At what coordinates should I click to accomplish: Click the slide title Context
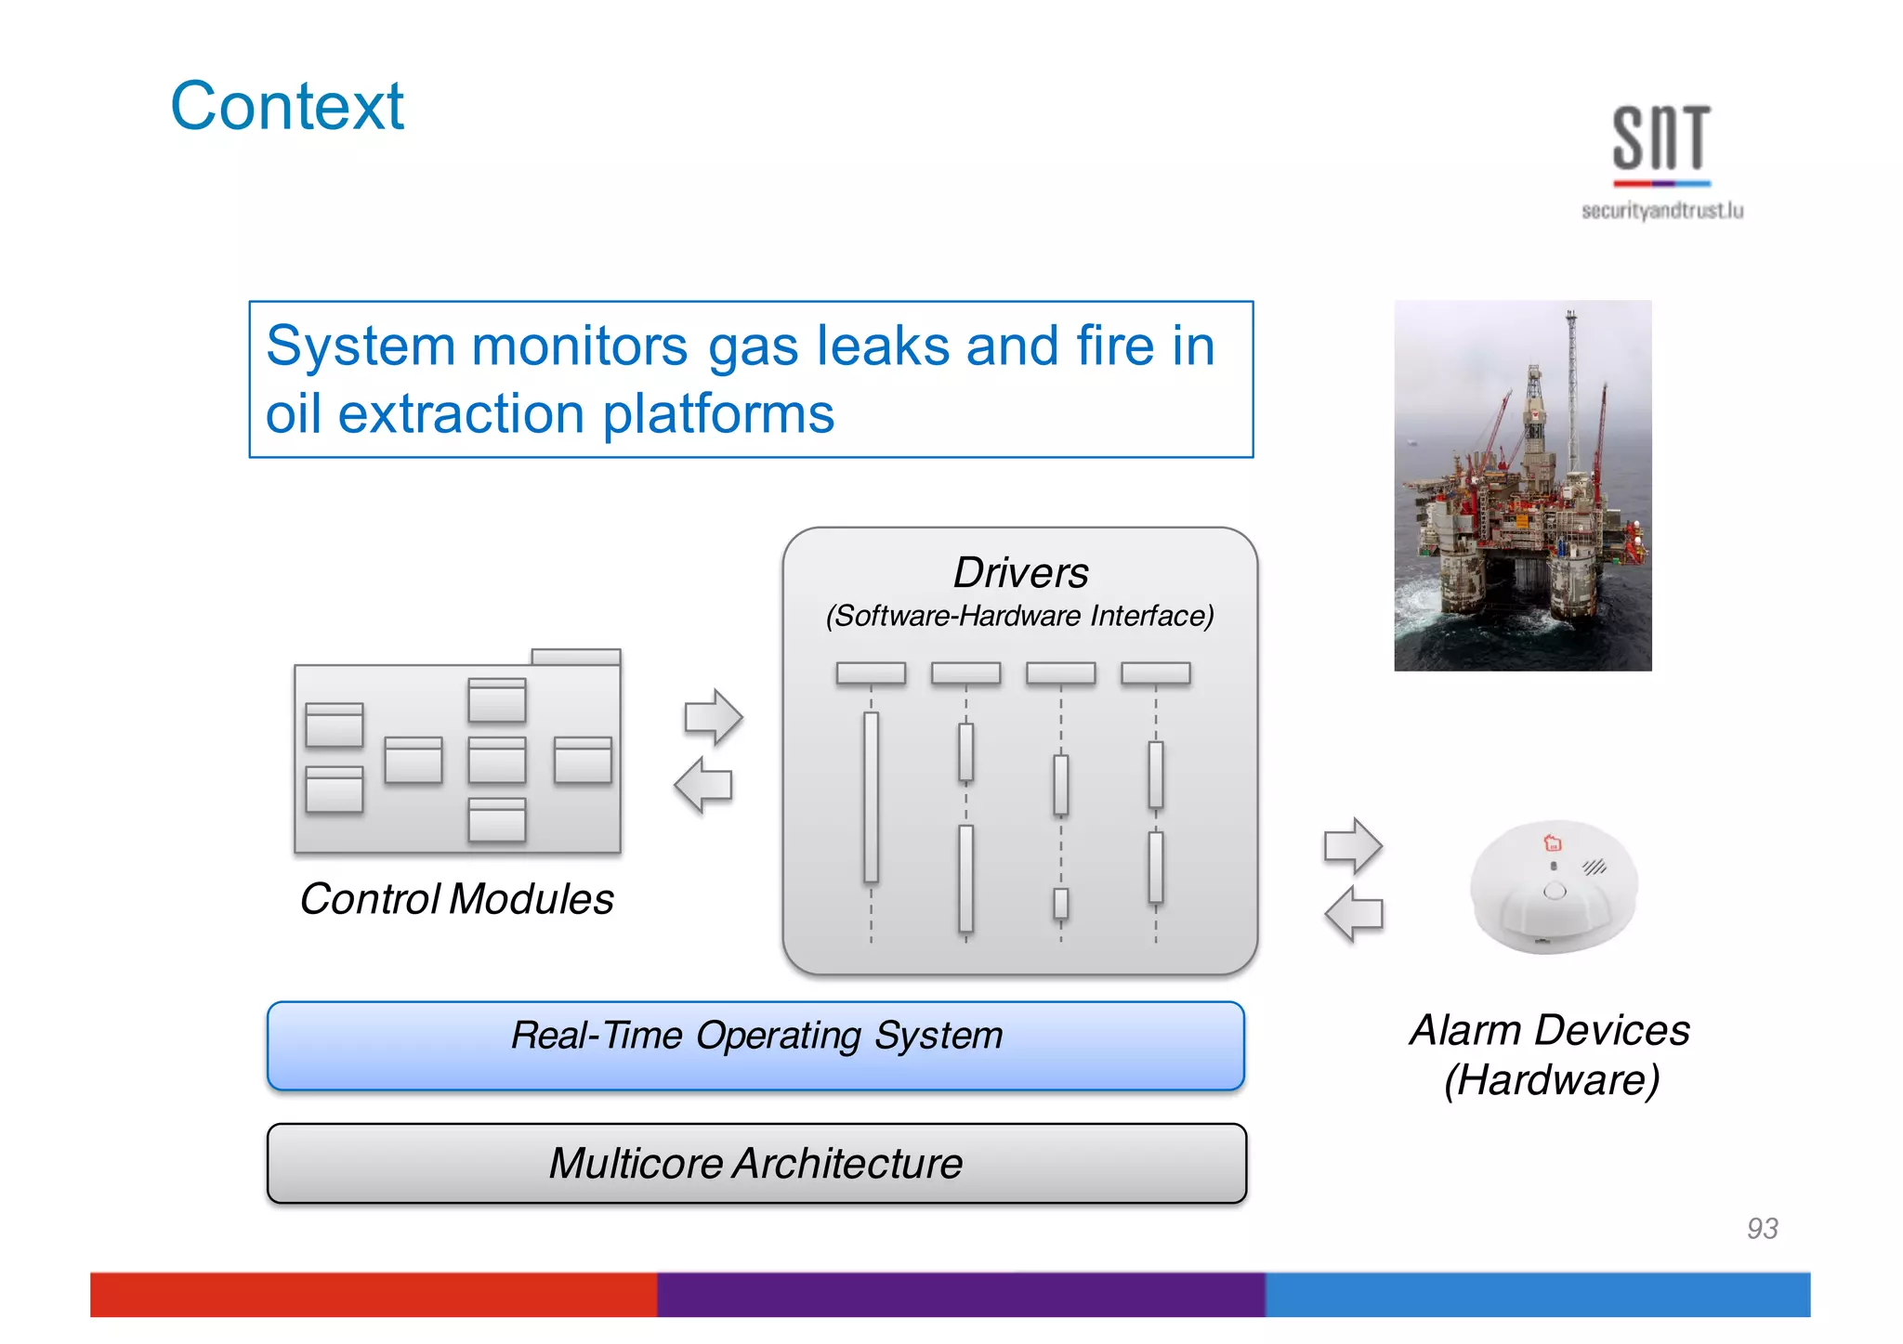click(x=287, y=106)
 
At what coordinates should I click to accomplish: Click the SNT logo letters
click(x=1660, y=138)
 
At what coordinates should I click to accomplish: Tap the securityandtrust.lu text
click(x=1661, y=211)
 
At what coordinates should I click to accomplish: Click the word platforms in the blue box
click(x=718, y=414)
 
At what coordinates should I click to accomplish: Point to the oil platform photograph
click(x=1522, y=485)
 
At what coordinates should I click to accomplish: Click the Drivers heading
click(x=1020, y=572)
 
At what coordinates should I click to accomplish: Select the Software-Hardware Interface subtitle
click(x=1020, y=616)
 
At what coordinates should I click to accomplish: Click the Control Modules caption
click(x=456, y=899)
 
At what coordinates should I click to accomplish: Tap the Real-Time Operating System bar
click(x=755, y=1045)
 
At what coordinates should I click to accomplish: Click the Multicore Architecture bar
click(x=755, y=1163)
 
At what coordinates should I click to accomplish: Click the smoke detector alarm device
click(x=1553, y=887)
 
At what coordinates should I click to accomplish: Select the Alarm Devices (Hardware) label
click(x=1550, y=1055)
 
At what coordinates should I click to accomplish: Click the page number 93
click(x=1762, y=1228)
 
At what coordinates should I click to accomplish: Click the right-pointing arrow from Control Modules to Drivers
click(x=714, y=717)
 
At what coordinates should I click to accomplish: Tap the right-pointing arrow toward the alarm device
click(x=1353, y=846)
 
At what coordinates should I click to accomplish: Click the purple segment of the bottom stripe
click(x=961, y=1294)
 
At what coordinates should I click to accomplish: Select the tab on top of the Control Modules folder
click(x=575, y=657)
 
